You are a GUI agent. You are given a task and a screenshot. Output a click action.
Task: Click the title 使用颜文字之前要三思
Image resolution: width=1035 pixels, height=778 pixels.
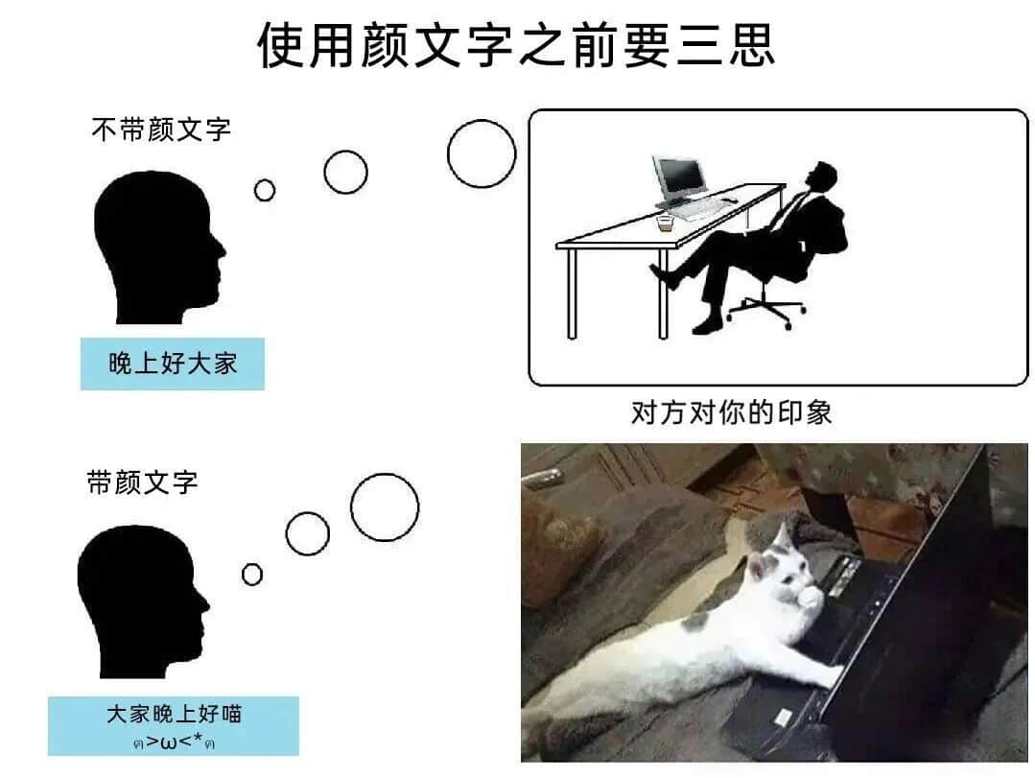coord(515,45)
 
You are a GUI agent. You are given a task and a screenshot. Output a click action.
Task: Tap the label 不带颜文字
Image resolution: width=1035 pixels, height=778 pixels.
coord(161,130)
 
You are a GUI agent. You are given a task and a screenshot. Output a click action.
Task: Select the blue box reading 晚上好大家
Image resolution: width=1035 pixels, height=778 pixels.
coord(173,364)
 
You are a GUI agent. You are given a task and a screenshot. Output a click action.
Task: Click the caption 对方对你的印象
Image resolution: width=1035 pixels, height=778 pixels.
coord(731,413)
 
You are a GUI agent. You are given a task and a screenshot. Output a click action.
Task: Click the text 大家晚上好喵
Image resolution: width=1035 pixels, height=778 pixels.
coord(175,714)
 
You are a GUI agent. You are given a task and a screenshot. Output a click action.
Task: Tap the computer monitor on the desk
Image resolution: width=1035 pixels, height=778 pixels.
coord(679,178)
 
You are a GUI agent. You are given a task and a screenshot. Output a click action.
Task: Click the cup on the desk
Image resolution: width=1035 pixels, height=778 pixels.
coord(666,223)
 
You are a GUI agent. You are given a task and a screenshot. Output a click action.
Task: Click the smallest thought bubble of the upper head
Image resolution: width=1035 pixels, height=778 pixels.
coord(265,190)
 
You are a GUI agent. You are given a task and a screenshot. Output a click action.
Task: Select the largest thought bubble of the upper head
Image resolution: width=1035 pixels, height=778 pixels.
coord(482,153)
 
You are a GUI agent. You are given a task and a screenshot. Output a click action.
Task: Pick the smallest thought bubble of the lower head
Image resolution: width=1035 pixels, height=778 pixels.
coord(252,574)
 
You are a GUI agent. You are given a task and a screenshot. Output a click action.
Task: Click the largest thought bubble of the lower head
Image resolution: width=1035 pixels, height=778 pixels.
coord(385,507)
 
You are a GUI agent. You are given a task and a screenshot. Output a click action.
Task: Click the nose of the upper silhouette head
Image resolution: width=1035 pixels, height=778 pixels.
coord(222,250)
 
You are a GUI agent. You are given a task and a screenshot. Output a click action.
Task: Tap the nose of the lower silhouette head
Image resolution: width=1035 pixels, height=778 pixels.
coord(204,603)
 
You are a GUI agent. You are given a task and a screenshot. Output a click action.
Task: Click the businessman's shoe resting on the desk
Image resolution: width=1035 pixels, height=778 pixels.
coord(664,276)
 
